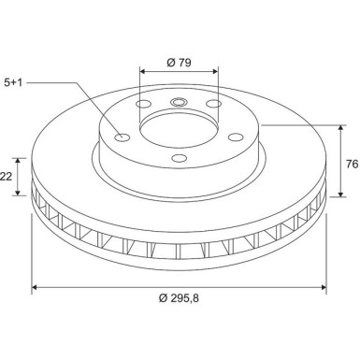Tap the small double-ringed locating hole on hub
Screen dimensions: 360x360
click(178, 105)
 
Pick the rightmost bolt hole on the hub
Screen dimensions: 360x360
click(234, 137)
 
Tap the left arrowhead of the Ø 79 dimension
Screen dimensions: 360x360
click(143, 72)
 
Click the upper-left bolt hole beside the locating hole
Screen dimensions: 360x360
click(143, 104)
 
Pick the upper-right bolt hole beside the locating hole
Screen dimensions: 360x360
click(213, 104)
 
